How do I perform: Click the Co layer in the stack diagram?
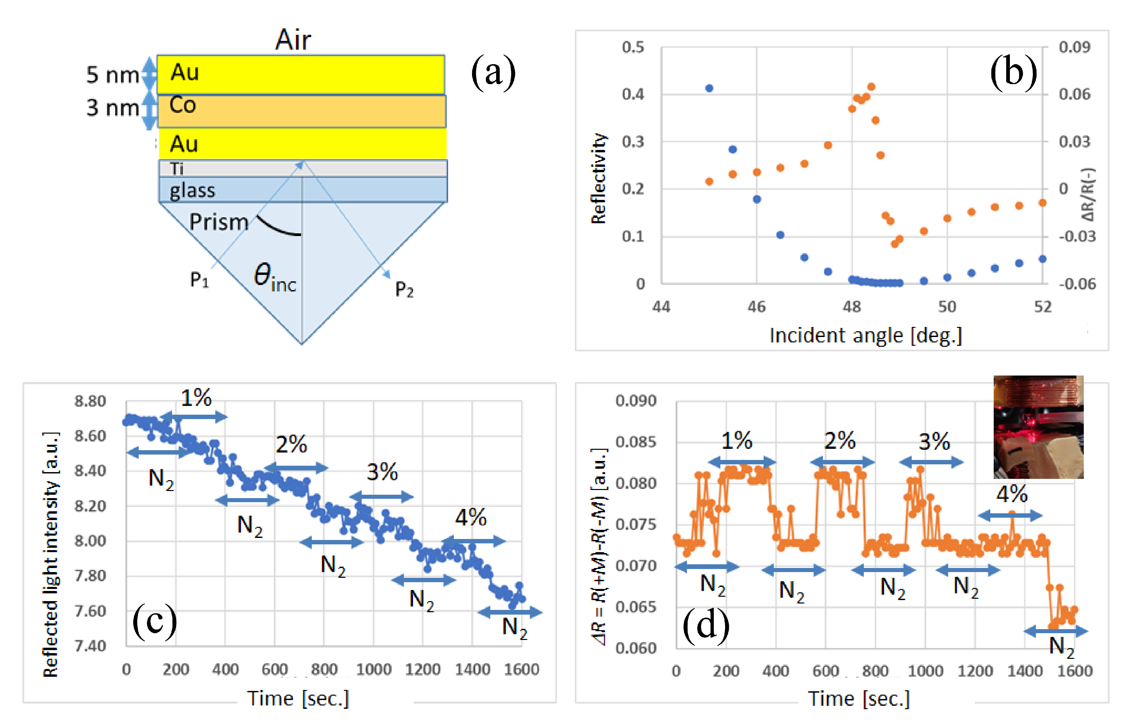click(x=301, y=111)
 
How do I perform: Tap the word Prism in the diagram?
click(x=219, y=222)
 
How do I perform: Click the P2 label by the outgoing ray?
click(x=404, y=289)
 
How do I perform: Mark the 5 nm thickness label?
click(x=112, y=75)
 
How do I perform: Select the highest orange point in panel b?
click(x=871, y=87)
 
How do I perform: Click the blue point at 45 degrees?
click(x=709, y=88)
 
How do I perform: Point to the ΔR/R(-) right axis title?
click(x=1088, y=195)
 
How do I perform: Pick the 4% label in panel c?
click(x=471, y=517)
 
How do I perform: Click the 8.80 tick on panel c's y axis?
click(x=90, y=402)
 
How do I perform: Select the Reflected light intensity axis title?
click(x=51, y=553)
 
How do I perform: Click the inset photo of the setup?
click(x=1038, y=427)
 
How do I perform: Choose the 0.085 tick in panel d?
click(x=636, y=442)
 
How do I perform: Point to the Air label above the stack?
click(x=293, y=40)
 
